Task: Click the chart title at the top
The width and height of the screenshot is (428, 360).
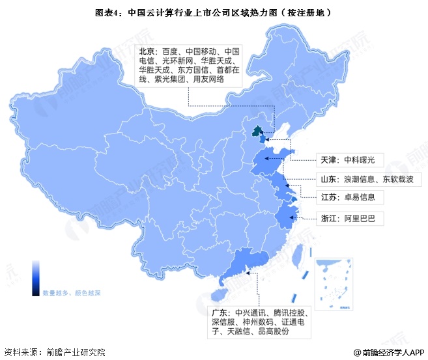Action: (213, 11)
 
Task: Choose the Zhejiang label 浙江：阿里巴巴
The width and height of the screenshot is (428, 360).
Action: (349, 217)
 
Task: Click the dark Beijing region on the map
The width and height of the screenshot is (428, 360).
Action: (257, 132)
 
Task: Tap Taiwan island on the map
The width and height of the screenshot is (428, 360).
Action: (295, 258)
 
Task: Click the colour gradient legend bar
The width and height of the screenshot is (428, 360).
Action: (36, 277)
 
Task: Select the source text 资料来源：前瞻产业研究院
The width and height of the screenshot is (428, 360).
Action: (55, 352)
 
